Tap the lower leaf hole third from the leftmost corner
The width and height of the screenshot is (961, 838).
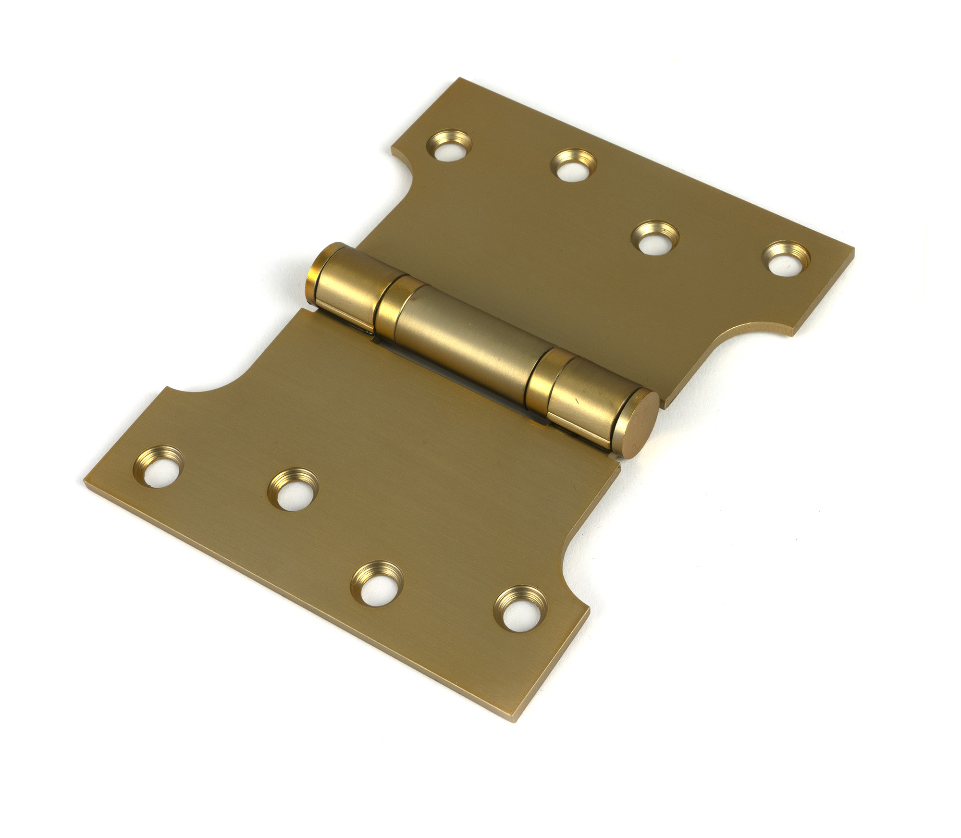[x=377, y=583]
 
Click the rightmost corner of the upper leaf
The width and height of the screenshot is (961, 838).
[x=853, y=251]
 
